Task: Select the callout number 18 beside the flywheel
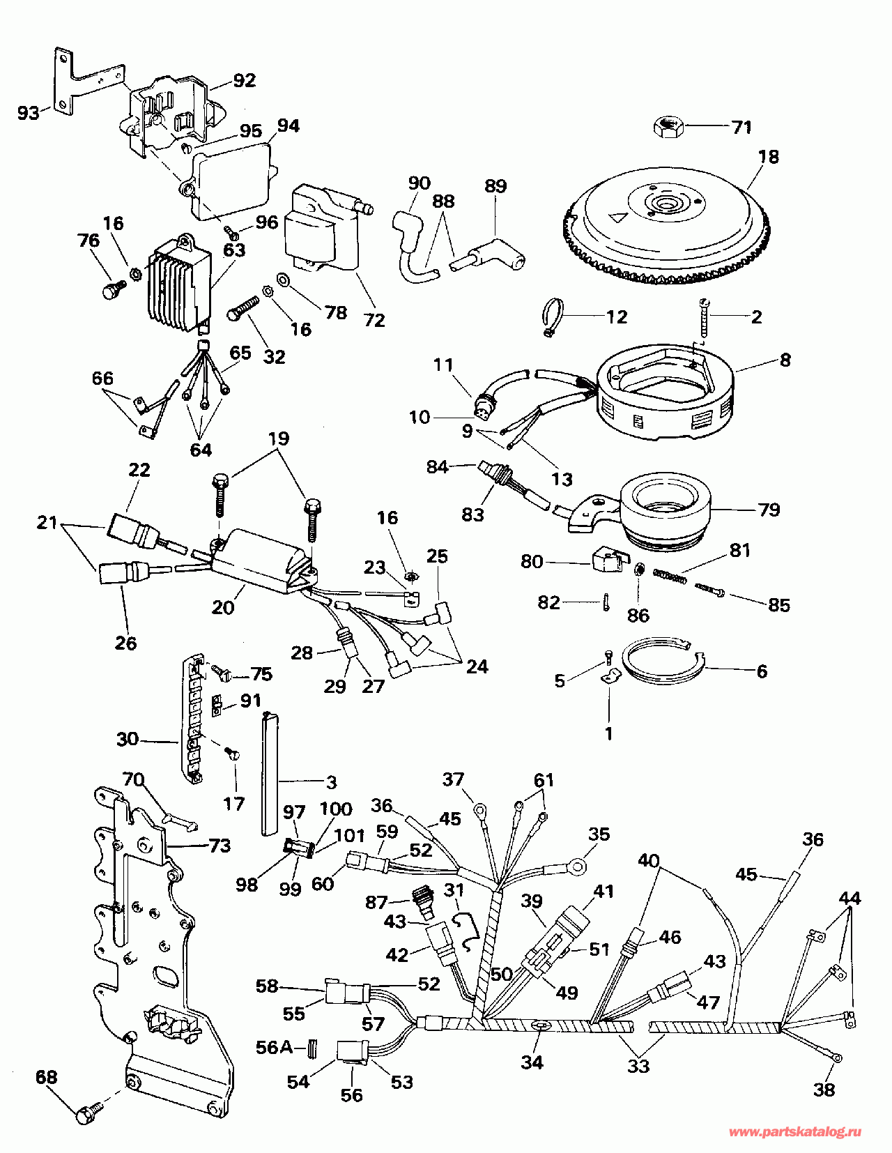click(x=769, y=157)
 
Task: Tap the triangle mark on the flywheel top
click(x=616, y=216)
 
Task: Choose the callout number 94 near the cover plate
click(x=289, y=125)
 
